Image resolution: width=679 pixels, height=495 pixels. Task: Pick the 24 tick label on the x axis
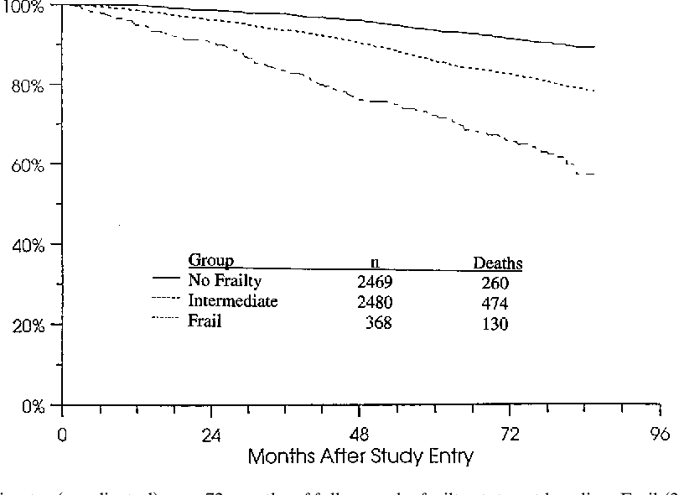[210, 436]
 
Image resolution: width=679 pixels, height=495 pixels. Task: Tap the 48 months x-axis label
[360, 436]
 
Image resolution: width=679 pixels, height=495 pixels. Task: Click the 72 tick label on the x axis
[510, 436]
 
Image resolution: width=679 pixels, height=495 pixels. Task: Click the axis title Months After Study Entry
[360, 457]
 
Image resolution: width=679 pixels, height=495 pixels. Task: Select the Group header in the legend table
[210, 261]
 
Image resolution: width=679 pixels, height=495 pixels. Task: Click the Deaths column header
[498, 263]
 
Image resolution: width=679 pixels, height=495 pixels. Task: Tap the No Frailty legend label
[226, 281]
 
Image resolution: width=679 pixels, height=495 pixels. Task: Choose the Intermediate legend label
[233, 301]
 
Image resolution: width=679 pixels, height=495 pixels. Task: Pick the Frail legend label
[205, 321]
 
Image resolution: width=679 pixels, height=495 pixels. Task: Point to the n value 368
[382, 324]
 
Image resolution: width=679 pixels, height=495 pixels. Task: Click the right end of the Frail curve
[593, 174]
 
